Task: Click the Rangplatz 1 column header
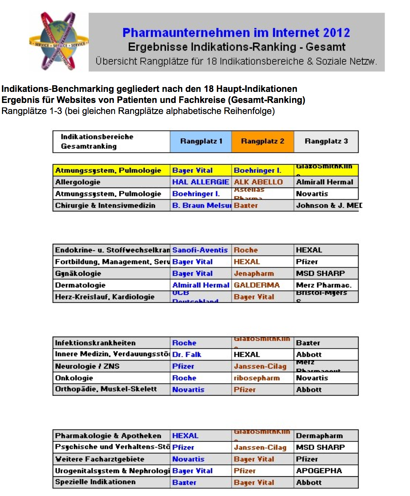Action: coord(201,141)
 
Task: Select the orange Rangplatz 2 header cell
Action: coord(263,141)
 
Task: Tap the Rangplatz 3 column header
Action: coord(326,141)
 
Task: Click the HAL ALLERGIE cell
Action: coord(201,182)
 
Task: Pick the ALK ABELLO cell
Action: coord(258,182)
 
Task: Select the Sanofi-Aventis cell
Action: coord(200,250)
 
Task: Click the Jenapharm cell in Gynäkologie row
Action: coord(254,274)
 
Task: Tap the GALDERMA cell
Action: coord(257,285)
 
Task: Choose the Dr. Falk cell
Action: coord(187,355)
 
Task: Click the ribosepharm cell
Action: coord(257,378)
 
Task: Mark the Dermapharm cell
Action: coord(320,436)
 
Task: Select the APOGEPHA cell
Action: coord(319,471)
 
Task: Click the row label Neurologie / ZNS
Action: coord(87,366)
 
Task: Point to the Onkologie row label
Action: coord(74,378)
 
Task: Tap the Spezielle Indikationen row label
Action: coord(95,482)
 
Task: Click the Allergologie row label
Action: coord(78,182)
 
